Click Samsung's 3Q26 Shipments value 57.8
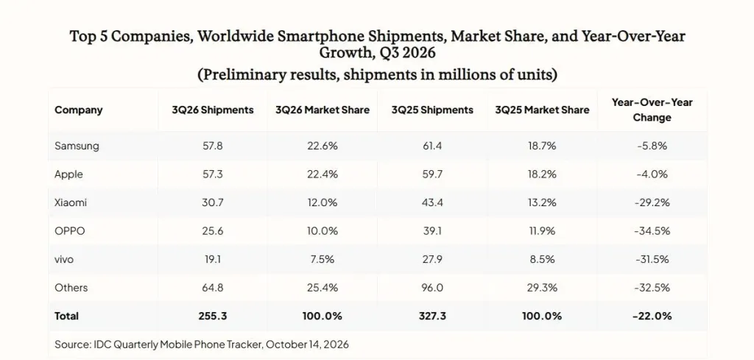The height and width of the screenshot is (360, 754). [x=213, y=146]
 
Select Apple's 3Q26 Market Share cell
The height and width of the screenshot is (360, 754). [x=323, y=174]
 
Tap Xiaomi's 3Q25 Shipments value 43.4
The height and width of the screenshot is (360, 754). [x=431, y=202]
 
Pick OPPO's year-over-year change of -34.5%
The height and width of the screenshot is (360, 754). [x=652, y=230]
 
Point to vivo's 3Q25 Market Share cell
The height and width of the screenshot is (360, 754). [x=542, y=259]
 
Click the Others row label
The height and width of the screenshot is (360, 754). [x=71, y=287]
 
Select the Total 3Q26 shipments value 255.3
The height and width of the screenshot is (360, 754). [x=213, y=316]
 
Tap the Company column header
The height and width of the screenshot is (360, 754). [x=78, y=110]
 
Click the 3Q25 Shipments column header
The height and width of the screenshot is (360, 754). [x=431, y=110]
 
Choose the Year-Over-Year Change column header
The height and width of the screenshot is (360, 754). [x=652, y=110]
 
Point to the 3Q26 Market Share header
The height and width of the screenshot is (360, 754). [x=323, y=110]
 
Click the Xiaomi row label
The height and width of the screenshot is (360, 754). [x=71, y=202]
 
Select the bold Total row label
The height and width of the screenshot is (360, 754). [x=66, y=316]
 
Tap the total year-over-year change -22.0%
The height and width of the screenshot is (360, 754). [x=652, y=316]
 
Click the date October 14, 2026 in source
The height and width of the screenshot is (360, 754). [x=307, y=344]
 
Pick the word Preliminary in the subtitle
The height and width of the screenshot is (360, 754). [x=240, y=75]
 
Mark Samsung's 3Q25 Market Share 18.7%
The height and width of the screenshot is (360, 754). [x=542, y=146]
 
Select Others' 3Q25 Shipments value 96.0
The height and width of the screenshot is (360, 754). [x=431, y=287]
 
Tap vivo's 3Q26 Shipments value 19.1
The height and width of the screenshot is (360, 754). [x=213, y=259]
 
